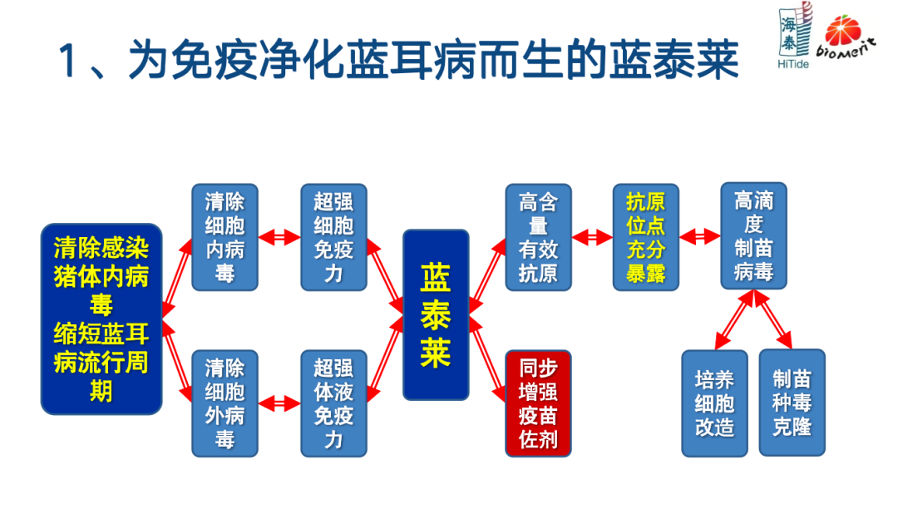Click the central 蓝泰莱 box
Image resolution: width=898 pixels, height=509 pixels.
coord(436,314)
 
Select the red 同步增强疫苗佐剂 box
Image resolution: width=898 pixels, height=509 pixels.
coord(538,403)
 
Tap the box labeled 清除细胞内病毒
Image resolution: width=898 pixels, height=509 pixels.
coord(224,237)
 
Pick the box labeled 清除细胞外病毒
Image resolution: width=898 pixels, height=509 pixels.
coord(224,403)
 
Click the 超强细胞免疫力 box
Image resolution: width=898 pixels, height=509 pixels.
coord(333,237)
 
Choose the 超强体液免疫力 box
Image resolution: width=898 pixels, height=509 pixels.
coord(333,403)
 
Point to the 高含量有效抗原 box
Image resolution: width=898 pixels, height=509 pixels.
coord(538,237)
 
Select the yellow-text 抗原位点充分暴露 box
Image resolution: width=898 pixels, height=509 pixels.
coord(645,237)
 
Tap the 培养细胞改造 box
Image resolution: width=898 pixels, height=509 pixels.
coord(714,403)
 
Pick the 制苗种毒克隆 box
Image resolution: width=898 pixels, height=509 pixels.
coord(792,403)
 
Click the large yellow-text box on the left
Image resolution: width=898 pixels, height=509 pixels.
coord(101,319)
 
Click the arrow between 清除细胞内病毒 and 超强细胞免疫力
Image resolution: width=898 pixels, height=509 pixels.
coord(279,237)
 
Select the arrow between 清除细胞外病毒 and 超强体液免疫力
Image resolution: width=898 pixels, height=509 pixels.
coord(279,403)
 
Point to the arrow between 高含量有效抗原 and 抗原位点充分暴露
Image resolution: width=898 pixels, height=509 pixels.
coord(592,237)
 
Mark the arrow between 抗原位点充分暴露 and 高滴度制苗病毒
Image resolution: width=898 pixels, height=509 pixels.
coord(699,237)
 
